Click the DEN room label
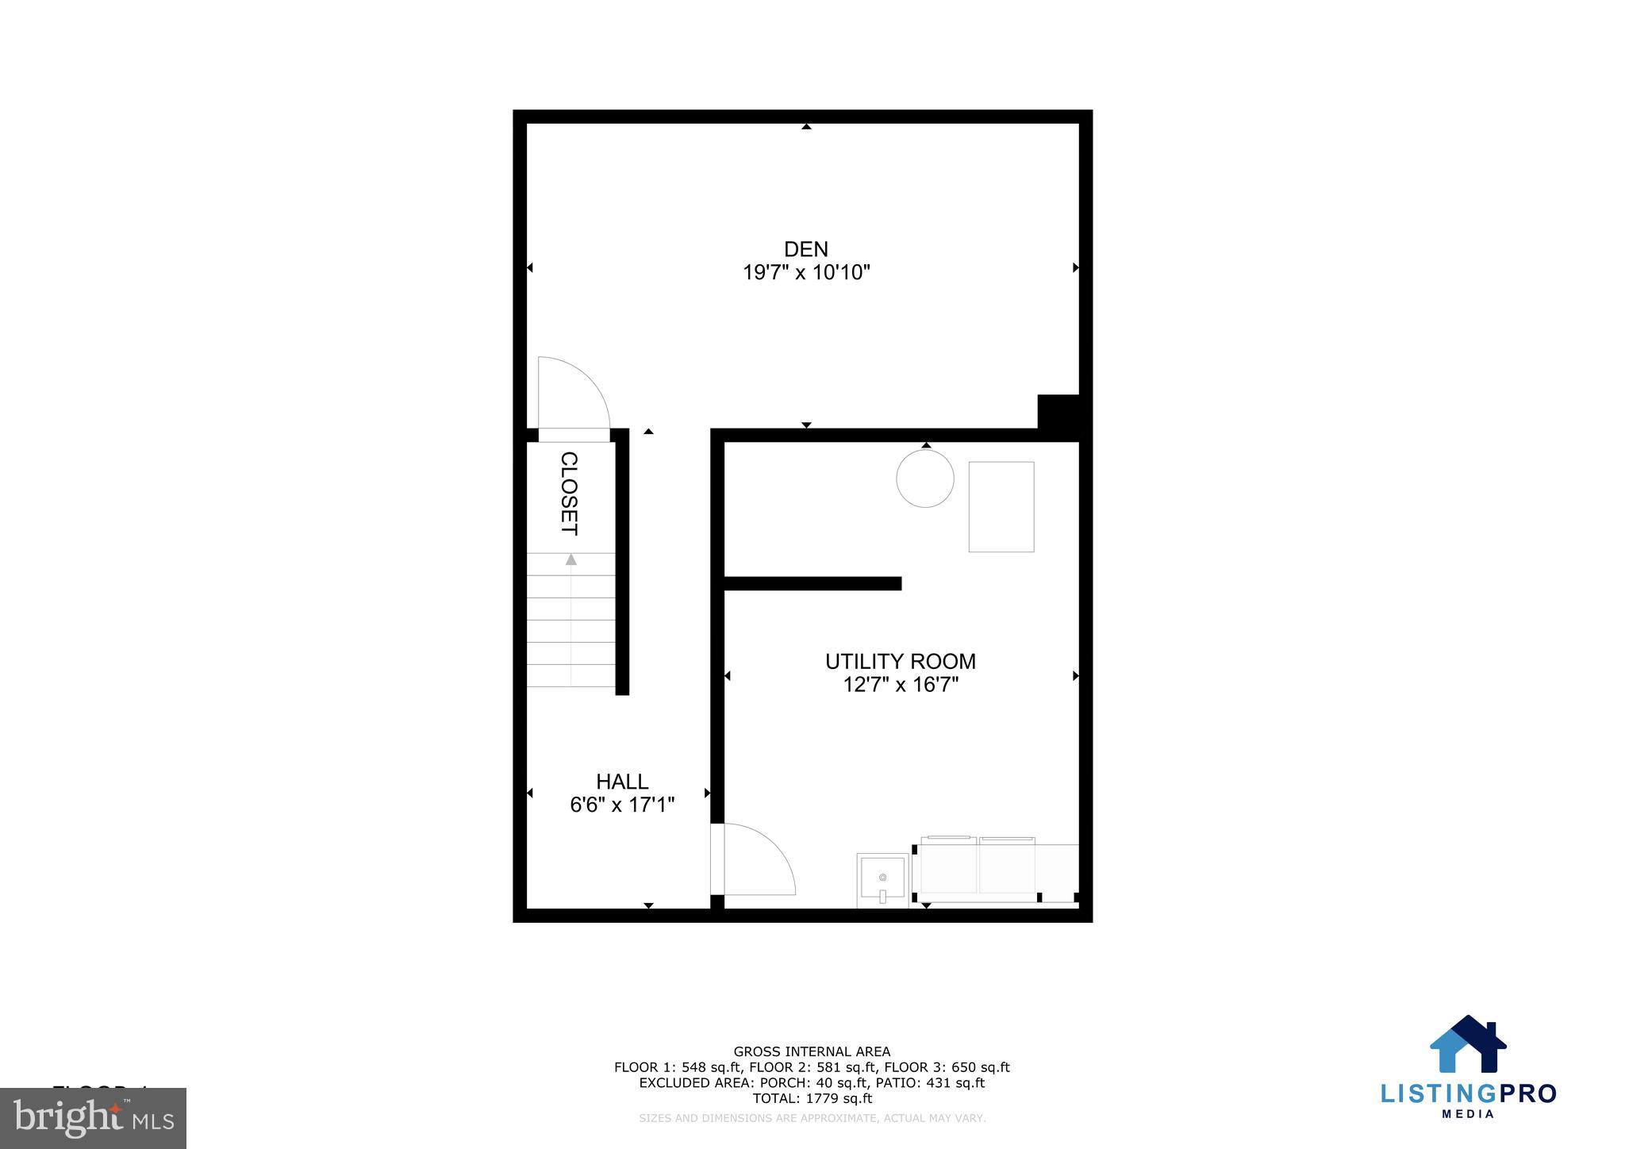[x=806, y=249]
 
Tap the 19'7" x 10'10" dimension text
[x=806, y=273]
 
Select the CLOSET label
[x=569, y=494]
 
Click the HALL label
[x=622, y=782]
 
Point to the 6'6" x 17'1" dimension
[x=622, y=805]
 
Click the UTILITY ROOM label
[x=901, y=661]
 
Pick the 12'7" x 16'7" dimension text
[x=901, y=685]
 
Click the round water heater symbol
[x=925, y=478]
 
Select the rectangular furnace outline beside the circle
[x=1001, y=506]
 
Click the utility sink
[x=882, y=879]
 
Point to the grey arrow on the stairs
[x=570, y=559]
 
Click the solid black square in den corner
[x=1058, y=412]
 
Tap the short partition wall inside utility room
[x=812, y=584]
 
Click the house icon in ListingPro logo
[x=1468, y=1044]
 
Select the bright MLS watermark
[x=94, y=1118]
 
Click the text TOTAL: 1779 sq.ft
[x=812, y=1099]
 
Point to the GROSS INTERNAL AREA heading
[x=812, y=1052]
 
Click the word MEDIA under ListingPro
[x=1468, y=1114]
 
